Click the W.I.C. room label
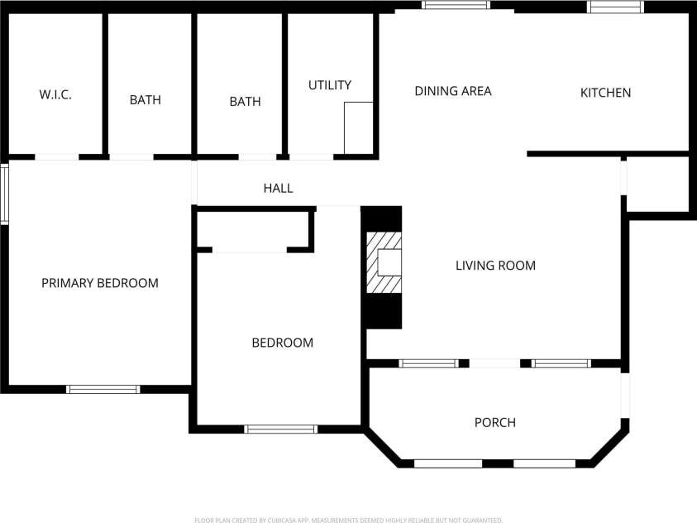coord(55,94)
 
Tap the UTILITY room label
coord(329,84)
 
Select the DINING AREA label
coord(452,91)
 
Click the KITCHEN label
coord(605,93)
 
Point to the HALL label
coord(278,189)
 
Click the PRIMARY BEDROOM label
coord(99,283)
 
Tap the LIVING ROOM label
coord(495,266)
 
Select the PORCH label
coord(494,423)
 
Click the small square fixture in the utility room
coord(358,127)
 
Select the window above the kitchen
coord(615,7)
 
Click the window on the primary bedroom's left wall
coord(4,194)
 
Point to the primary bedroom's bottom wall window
coord(103,389)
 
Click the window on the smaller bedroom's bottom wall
coord(280,429)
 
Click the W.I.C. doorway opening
coord(57,156)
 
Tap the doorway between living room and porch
coord(494,363)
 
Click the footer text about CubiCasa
coord(348,520)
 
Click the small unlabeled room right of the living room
coord(657,184)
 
